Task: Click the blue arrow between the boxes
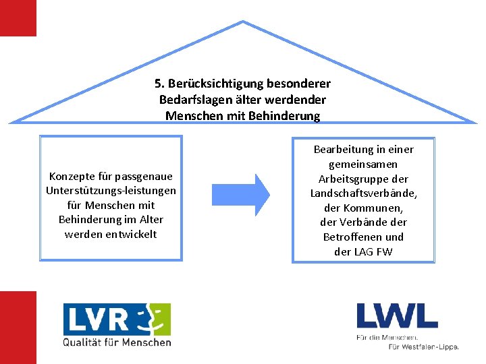point(241,194)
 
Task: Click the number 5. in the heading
point(159,84)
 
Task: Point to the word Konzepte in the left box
point(71,177)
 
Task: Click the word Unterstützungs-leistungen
point(111,191)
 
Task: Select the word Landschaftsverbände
point(363,193)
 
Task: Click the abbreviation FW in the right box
point(385,251)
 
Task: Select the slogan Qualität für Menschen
point(117,342)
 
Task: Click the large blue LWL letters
point(397,316)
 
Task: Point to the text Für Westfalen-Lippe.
point(423,346)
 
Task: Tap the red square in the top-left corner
point(18,18)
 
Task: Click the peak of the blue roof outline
point(243,22)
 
